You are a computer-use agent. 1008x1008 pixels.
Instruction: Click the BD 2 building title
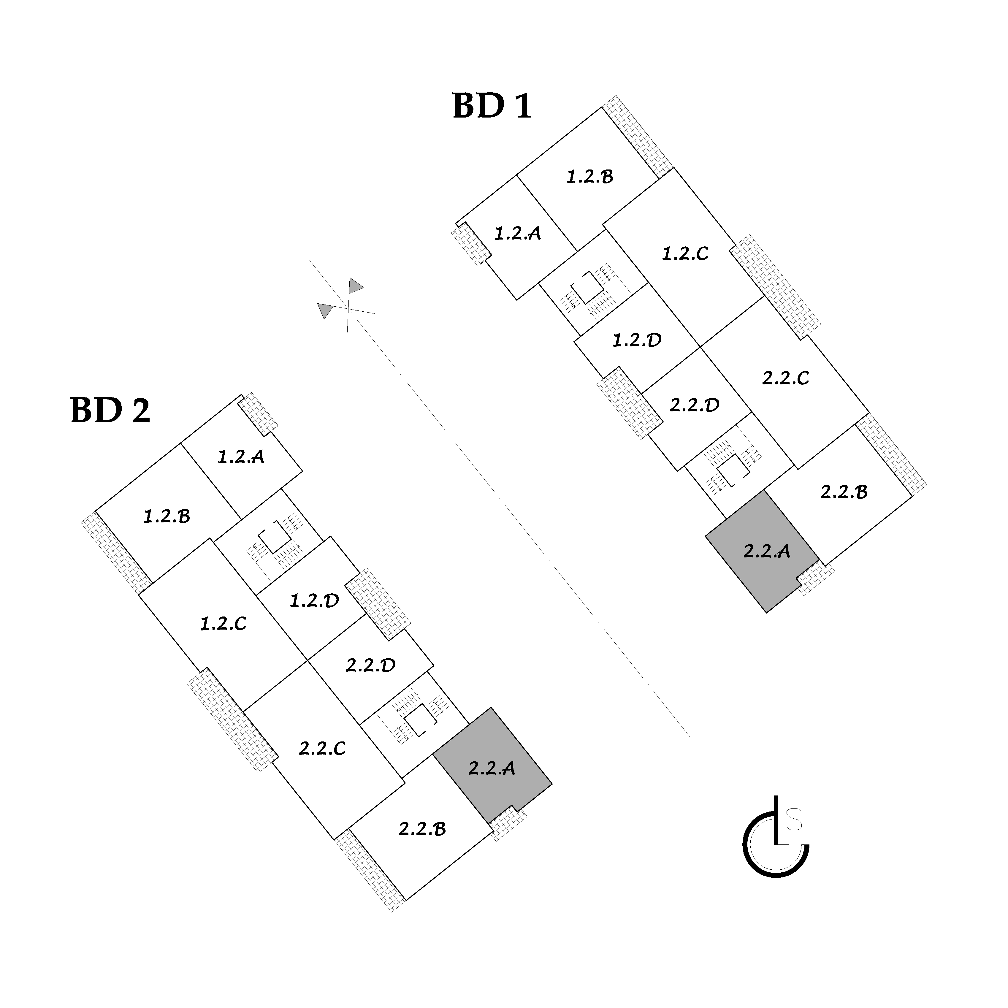coord(110,410)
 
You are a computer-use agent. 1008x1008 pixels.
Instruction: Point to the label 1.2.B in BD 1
coord(590,177)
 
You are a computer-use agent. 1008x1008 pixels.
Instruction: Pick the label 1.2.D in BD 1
coord(636,340)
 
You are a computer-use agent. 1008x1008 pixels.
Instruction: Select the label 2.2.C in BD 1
coord(785,378)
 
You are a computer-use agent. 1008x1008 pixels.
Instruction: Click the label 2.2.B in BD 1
coord(844,492)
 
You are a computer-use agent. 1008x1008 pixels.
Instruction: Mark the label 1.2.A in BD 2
coord(240,457)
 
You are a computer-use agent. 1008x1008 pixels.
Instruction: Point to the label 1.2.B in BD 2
coord(167,516)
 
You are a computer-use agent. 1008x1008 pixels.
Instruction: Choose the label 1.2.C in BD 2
coord(223,624)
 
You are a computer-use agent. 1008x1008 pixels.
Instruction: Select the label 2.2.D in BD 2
coord(370,665)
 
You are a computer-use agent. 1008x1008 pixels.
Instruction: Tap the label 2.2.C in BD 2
coord(322,749)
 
